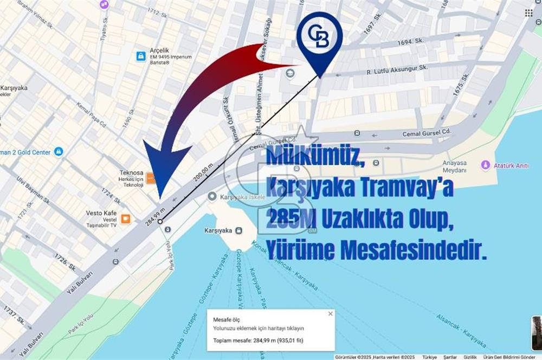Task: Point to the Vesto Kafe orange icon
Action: pos(126,219)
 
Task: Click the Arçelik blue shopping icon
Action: pos(140,56)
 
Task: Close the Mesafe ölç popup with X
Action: pos(330,313)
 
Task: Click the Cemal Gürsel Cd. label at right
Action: pos(427,132)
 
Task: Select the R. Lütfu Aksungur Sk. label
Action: pos(397,69)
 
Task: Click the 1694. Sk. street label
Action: pos(409,41)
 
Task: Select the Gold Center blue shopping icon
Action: pos(59,152)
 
